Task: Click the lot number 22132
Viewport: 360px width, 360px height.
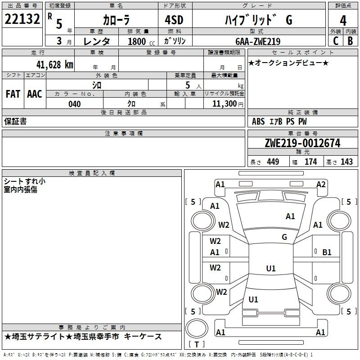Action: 22,19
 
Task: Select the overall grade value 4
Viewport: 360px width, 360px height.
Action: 343,21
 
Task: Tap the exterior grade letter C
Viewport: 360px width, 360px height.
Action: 336,41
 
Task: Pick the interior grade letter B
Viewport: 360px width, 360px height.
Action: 350,41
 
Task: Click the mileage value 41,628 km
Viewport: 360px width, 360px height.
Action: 55,65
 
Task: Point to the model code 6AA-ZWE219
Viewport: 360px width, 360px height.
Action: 258,41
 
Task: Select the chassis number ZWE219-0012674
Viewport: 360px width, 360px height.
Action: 302,143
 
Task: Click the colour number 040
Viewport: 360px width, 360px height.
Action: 75,104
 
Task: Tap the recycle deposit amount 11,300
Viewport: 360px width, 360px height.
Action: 225,103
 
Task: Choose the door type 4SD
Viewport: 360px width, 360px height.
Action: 174,20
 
